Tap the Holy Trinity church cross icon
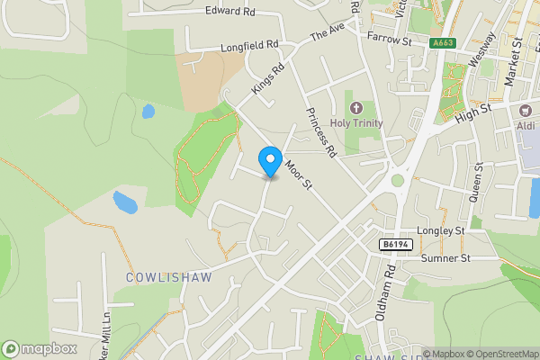pos(356,107)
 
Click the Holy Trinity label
pos(356,123)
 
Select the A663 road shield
pos(442,42)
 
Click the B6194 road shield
pos(395,245)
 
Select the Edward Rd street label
pos(230,12)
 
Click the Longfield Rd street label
pos(248,44)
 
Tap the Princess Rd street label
pos(319,132)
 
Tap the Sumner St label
pos(445,258)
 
